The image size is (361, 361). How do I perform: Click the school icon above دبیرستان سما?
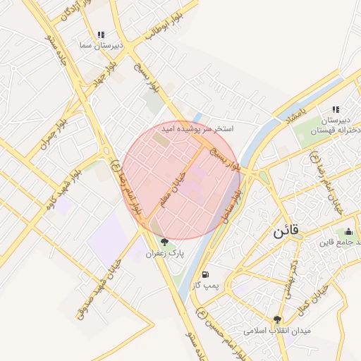pos(102,34)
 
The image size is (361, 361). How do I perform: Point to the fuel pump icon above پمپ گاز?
pos(205,275)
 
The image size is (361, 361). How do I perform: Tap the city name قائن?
pos(286,230)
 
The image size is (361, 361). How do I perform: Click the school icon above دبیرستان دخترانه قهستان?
pos(336,109)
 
